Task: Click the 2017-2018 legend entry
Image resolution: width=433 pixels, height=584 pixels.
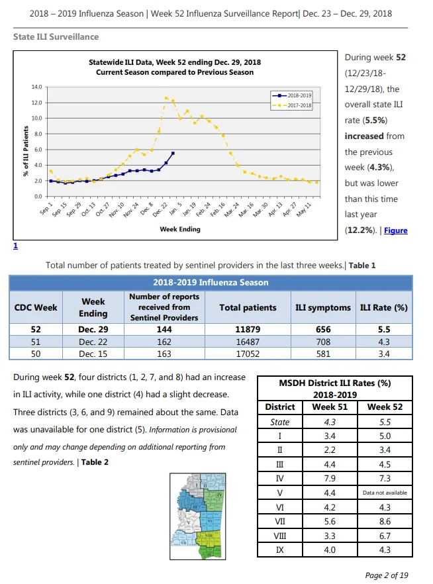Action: coord(292,105)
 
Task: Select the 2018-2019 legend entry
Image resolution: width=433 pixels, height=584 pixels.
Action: coord(292,95)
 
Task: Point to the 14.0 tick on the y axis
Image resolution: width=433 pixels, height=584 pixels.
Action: coord(37,87)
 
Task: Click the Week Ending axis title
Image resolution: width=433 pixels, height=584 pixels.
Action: coord(180,229)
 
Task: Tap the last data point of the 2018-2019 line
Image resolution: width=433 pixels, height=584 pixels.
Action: coord(173,153)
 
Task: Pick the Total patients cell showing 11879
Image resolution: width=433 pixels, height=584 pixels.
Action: coord(248,329)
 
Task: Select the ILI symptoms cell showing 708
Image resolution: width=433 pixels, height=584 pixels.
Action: coord(323,342)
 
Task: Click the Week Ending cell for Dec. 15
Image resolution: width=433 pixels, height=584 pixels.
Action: coord(93,354)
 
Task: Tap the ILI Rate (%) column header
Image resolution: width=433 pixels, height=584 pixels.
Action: coord(384,308)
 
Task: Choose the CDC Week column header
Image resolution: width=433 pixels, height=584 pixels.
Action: coord(36,308)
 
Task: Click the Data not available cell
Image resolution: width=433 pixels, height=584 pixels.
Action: coord(385,493)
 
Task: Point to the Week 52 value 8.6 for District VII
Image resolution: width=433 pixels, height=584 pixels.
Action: coord(385,522)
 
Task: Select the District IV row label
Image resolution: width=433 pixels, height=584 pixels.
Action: coord(280,479)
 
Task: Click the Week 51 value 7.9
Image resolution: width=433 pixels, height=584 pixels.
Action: coord(330,479)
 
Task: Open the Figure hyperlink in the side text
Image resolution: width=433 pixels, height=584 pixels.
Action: coord(396,230)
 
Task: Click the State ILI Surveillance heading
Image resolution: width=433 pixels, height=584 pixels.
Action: coord(56,37)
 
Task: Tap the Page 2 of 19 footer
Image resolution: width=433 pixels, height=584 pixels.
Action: coord(387,575)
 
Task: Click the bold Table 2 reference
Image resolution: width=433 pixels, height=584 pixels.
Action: coord(95,462)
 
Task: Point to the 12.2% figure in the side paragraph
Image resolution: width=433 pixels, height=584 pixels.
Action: coord(360,230)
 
